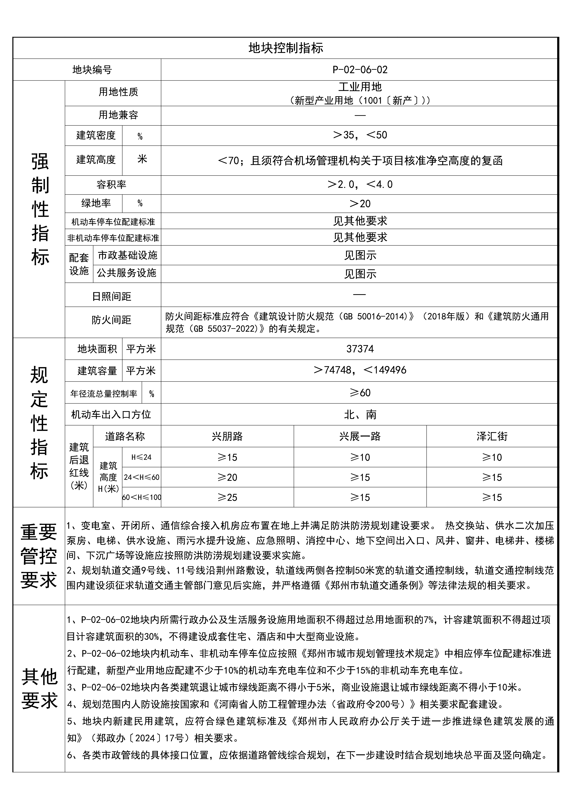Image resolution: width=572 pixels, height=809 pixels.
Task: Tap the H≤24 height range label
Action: (x=141, y=457)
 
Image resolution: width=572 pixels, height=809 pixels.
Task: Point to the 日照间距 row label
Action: (x=111, y=297)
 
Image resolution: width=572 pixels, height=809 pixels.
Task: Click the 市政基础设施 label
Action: (x=127, y=255)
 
